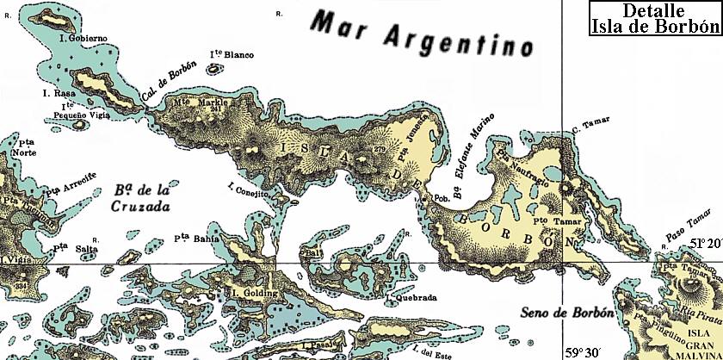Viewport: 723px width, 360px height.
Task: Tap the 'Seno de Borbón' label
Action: [x=558, y=311]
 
